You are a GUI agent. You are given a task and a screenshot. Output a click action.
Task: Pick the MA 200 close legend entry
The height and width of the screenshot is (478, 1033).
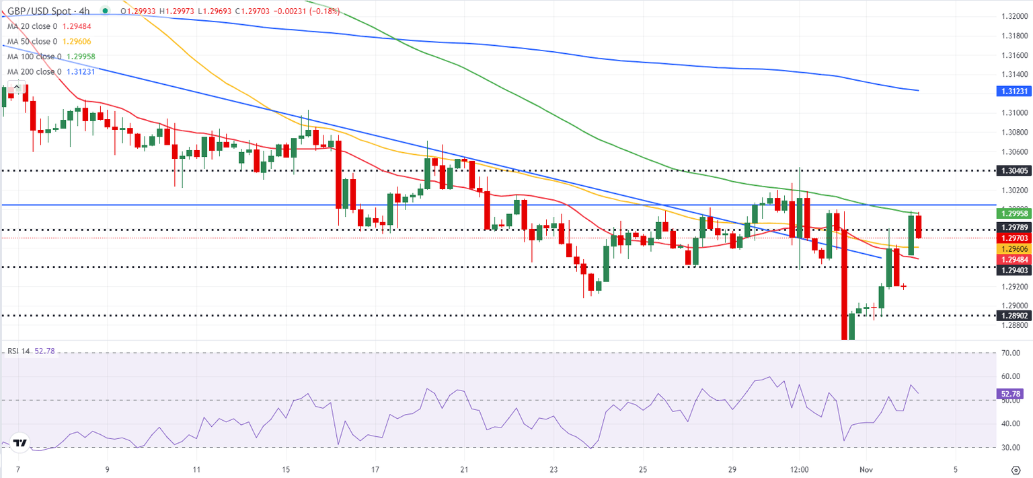tap(50, 71)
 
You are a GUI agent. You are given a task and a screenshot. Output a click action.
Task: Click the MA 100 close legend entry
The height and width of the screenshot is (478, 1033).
tap(51, 57)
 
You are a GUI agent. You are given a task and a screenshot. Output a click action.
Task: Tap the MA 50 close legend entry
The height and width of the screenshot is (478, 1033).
tap(50, 41)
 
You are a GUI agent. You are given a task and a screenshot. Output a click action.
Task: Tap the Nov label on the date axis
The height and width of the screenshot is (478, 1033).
tap(866, 468)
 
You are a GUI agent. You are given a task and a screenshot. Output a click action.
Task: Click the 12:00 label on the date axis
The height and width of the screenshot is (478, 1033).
tap(799, 468)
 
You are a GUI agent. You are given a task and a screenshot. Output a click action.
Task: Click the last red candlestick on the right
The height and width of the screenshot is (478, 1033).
tap(919, 226)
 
